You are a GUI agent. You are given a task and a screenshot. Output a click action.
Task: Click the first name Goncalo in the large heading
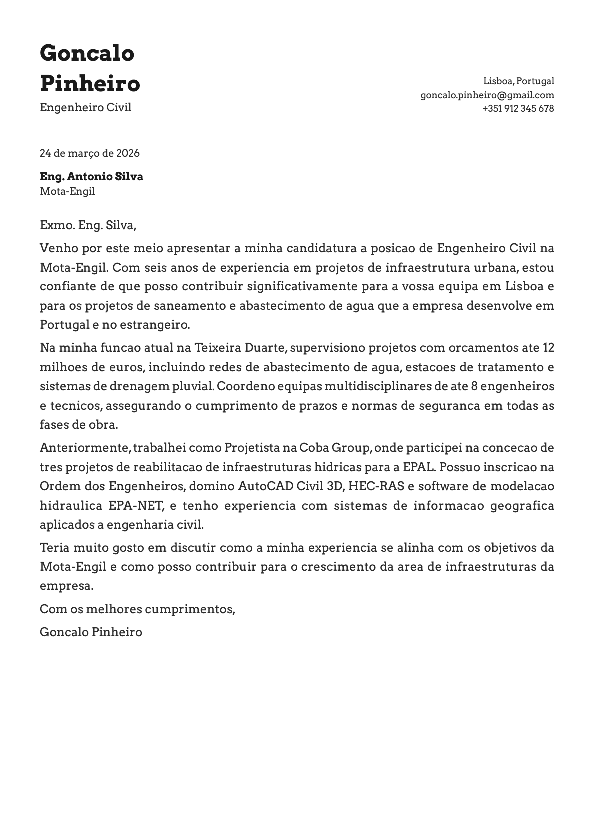point(87,53)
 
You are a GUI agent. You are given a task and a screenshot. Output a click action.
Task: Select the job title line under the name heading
point(86,107)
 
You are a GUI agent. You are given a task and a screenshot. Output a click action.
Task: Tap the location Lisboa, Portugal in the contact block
point(518,81)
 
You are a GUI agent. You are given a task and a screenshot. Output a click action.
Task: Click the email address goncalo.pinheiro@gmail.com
point(487,95)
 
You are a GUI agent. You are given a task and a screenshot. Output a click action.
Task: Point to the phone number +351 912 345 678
point(518,108)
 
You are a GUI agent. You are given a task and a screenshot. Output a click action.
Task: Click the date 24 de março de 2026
point(90,153)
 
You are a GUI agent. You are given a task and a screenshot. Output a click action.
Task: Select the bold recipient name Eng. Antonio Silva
point(91,176)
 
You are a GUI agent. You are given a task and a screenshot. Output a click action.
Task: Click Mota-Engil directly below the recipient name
point(67,191)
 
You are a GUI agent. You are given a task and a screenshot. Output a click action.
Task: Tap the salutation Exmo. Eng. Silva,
point(88,225)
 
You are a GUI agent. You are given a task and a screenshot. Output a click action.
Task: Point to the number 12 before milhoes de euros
point(548,348)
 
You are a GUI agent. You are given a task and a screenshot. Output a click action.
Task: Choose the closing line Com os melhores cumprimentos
point(137,609)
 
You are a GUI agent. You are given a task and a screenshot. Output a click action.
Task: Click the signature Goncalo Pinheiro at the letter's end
point(91,632)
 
